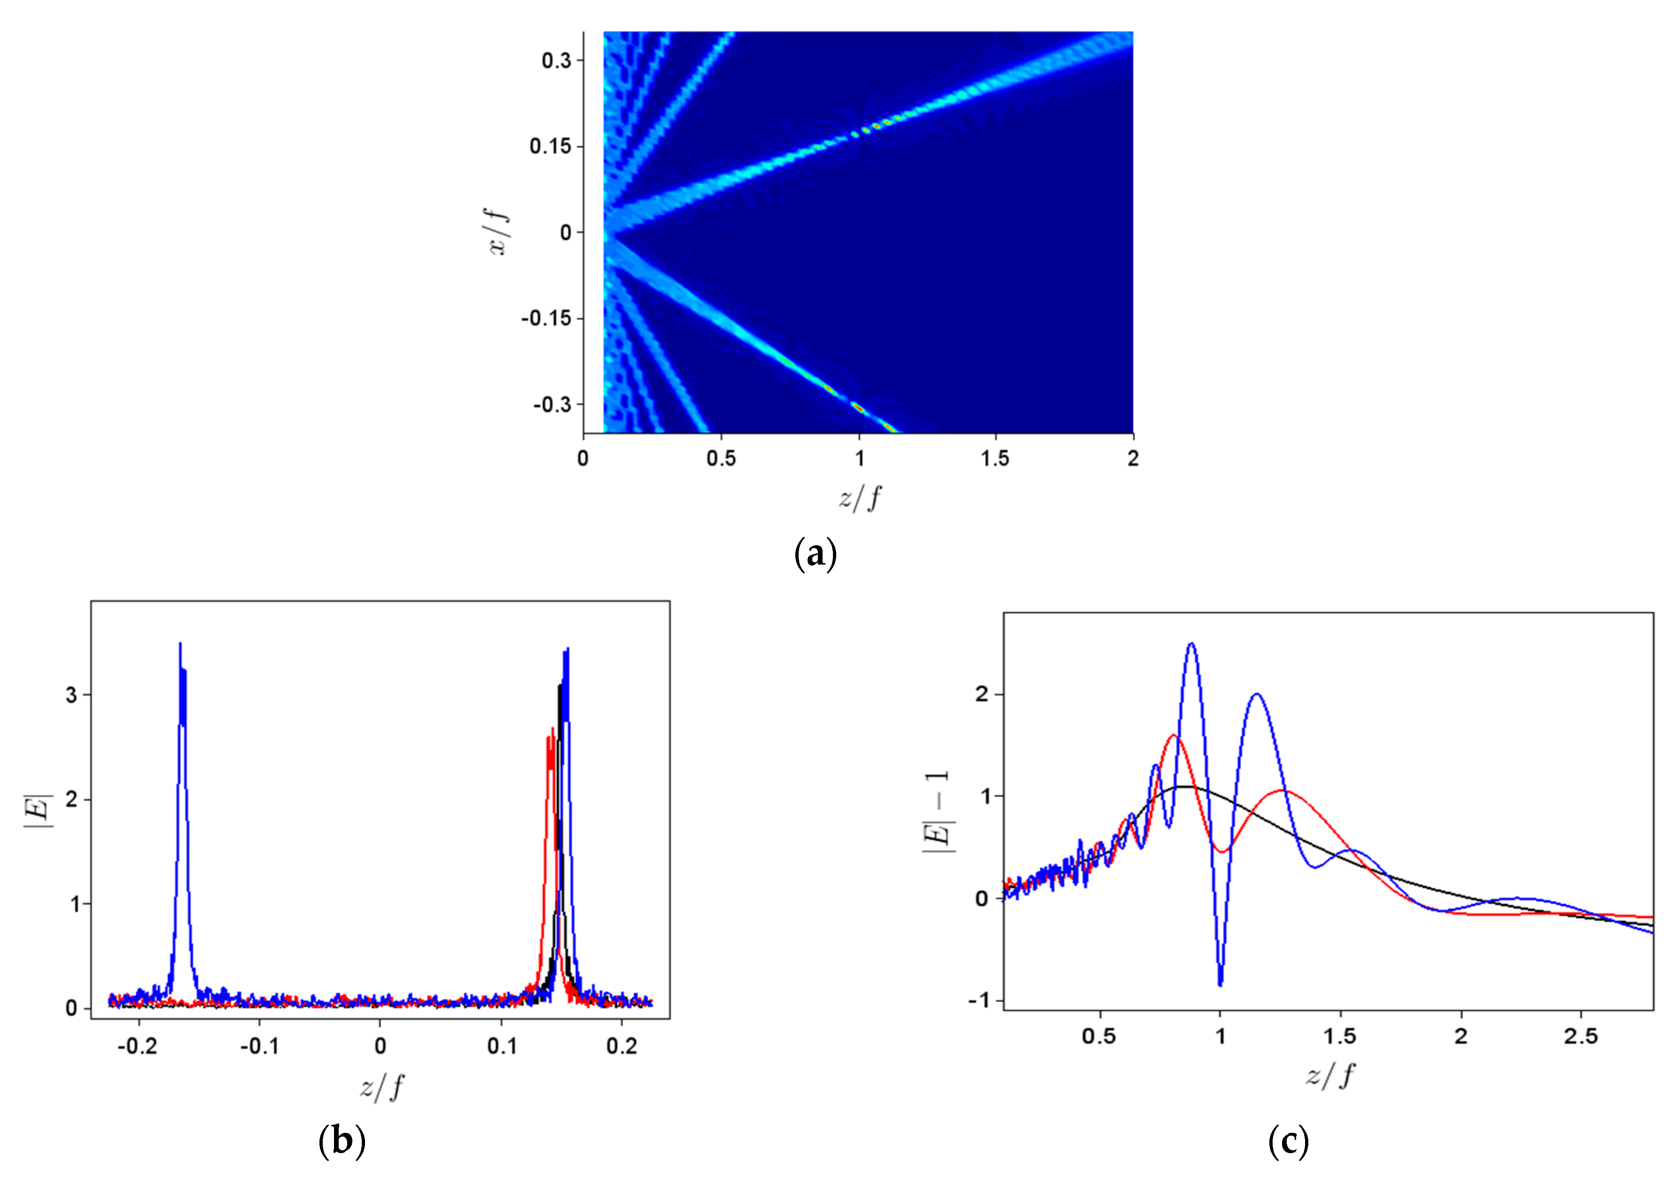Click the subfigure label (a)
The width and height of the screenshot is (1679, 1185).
coord(815,554)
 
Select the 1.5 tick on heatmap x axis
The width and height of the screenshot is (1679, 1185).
coord(995,458)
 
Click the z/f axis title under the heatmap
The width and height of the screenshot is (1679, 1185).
coord(859,498)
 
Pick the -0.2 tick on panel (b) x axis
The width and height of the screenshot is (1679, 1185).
coord(138,1046)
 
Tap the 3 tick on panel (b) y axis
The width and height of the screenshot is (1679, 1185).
coord(71,695)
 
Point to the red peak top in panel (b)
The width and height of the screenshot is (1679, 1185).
coord(552,729)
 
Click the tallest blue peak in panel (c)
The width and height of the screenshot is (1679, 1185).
coord(1191,644)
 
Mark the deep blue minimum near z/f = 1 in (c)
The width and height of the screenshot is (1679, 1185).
coord(1220,984)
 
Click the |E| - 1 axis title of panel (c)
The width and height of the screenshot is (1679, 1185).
coord(937,812)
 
